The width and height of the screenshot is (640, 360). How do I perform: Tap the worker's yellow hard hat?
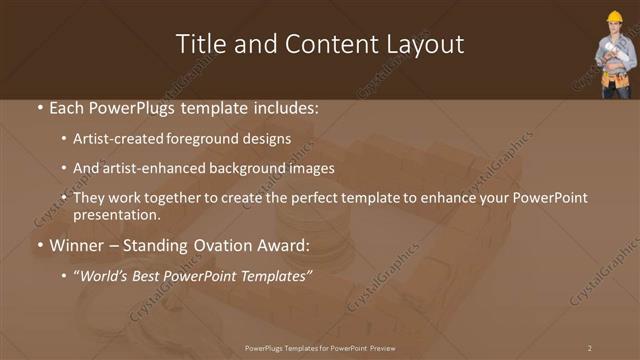pos(614,17)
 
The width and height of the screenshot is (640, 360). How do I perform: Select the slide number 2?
pos(590,347)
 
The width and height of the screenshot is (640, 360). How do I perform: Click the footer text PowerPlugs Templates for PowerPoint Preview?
pos(320,347)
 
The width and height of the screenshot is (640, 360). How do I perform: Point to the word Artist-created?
pos(111,139)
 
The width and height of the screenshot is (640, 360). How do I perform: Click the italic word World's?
pos(105,276)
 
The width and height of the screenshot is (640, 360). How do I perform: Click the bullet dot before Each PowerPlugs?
pos(38,106)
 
